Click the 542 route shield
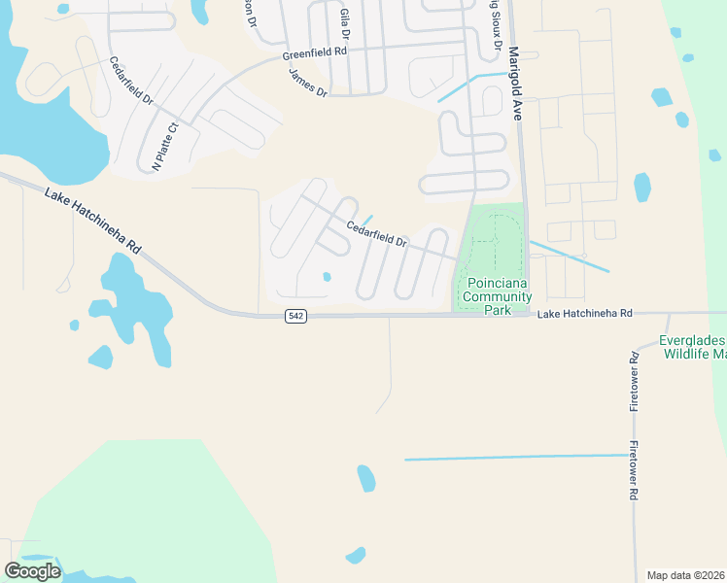[296, 317]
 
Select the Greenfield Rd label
[315, 54]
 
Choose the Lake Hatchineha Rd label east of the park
[584, 314]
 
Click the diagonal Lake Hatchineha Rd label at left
[93, 222]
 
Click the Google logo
[31, 570]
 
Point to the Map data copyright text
[686, 575]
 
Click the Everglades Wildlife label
[692, 348]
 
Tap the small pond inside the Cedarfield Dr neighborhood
[328, 277]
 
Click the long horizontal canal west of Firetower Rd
[515, 457]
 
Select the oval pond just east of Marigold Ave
[641, 187]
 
